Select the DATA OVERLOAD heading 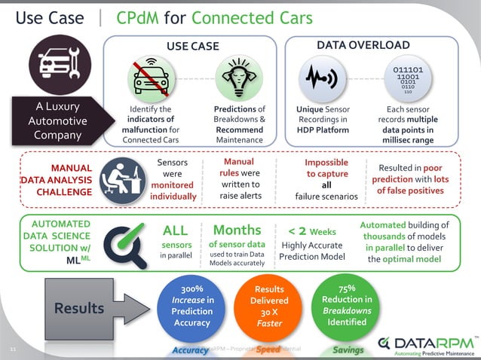pyautogui.click(x=364, y=46)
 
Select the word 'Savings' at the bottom pyautogui.click(x=348, y=350)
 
